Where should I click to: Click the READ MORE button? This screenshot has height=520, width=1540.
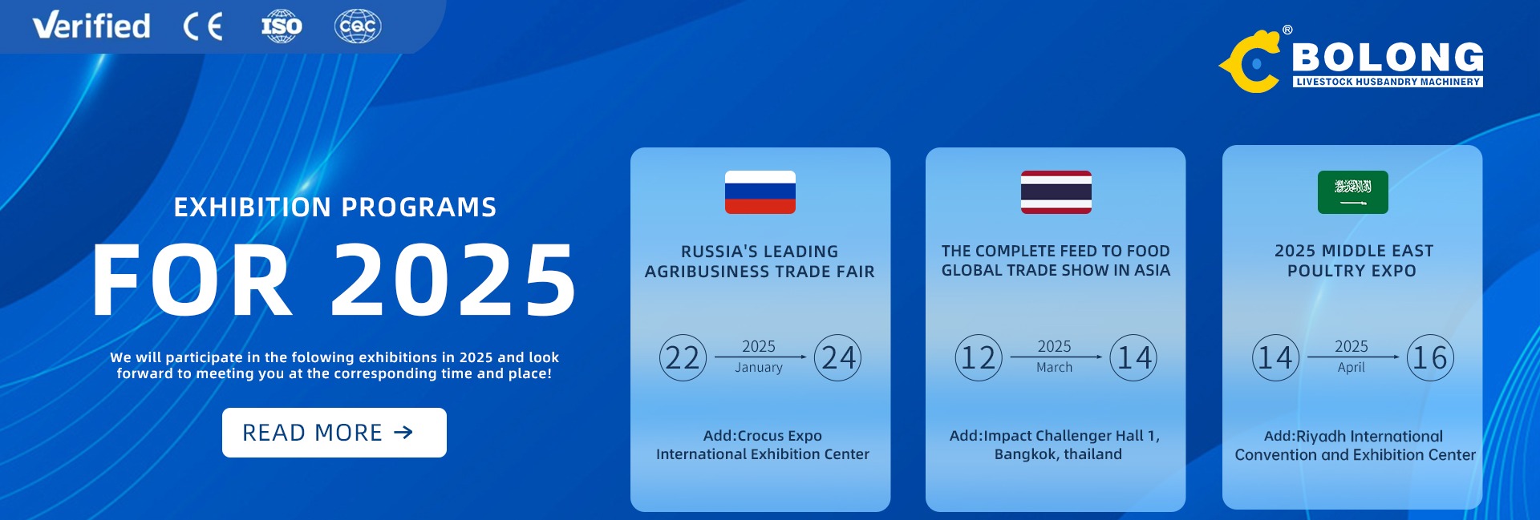coord(334,433)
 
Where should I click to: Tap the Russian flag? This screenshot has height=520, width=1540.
coord(760,192)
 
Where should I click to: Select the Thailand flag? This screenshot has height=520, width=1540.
coord(1056,192)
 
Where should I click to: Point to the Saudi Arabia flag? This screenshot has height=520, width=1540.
coord(1352,192)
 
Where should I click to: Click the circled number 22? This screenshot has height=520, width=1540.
coord(683,357)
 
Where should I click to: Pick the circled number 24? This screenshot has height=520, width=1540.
coord(838,357)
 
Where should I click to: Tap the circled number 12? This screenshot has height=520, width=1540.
coord(979,357)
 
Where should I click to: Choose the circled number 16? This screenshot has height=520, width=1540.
coord(1430,357)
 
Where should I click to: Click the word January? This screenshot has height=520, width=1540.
coord(759,368)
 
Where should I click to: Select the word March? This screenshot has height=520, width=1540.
coord(1054,368)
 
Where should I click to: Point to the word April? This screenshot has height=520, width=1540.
coord(1351,368)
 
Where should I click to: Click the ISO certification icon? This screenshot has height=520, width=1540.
coord(282,26)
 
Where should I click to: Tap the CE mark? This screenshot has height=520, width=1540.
coord(203,27)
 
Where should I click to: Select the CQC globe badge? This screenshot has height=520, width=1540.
coord(358,26)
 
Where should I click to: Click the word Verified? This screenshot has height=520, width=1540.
coord(91,26)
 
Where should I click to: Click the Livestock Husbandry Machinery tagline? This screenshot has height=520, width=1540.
coord(1388,82)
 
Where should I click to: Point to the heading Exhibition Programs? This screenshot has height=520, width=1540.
coord(335,208)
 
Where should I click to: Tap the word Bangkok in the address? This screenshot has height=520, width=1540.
coord(1023,454)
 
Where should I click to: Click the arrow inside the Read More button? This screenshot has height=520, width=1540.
coord(403,433)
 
